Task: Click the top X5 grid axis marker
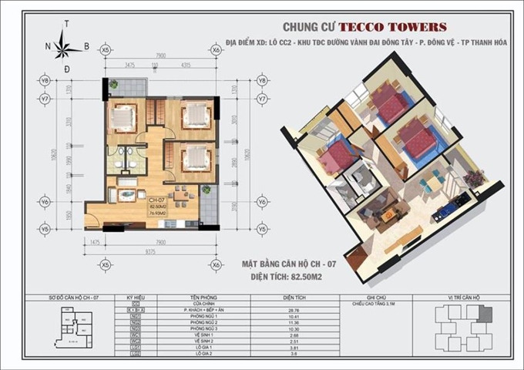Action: pyautogui.click(x=106, y=51)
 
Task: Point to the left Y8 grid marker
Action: pyautogui.click(x=45, y=80)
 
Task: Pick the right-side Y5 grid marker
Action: pyautogui.click(x=262, y=229)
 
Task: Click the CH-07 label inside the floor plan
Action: pyautogui.click(x=153, y=200)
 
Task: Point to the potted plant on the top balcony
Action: pyautogui.click(x=113, y=84)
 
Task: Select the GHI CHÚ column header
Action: pyautogui.click(x=376, y=296)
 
